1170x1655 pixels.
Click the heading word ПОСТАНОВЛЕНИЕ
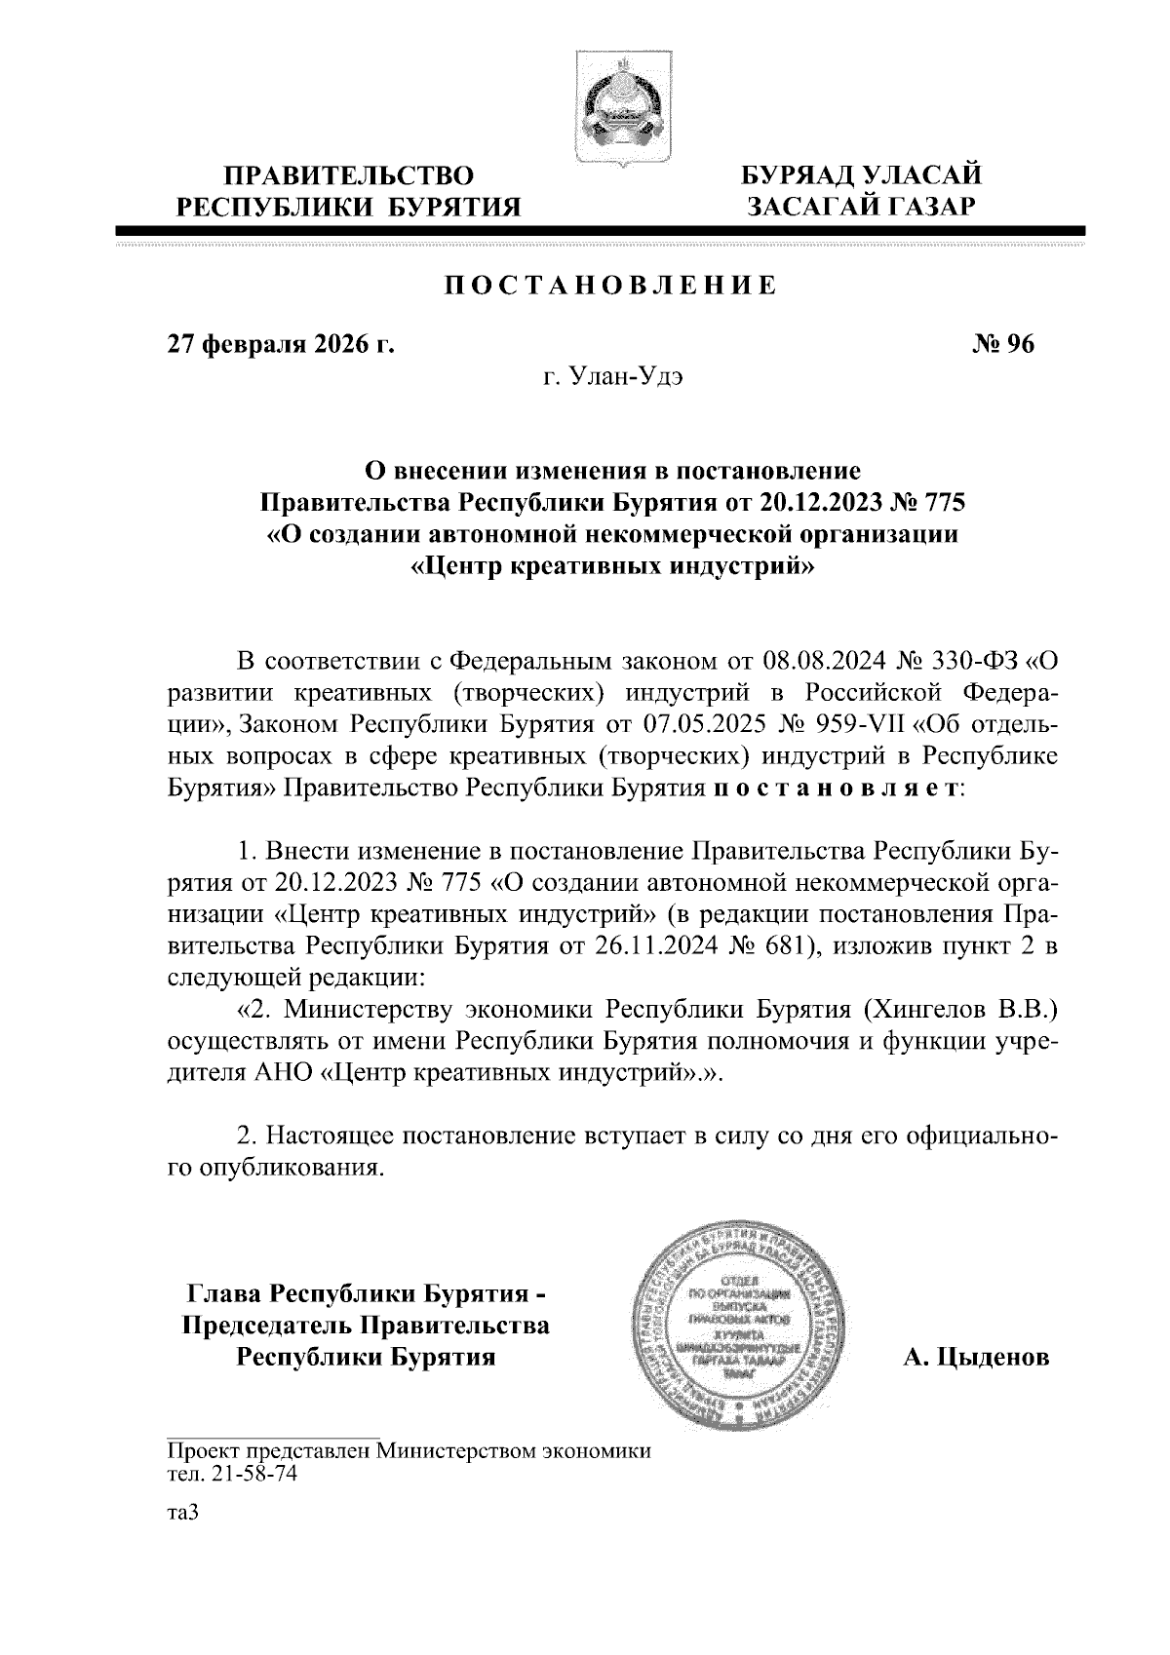[611, 286]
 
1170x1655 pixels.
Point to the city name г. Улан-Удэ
[612, 377]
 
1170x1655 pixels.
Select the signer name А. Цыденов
[976, 1357]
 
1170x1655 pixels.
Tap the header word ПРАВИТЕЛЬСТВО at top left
[350, 176]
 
